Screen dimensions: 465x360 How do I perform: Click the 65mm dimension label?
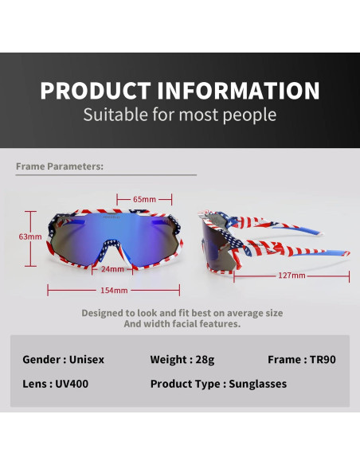tap(144, 199)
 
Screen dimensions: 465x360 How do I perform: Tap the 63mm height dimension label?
tap(31, 236)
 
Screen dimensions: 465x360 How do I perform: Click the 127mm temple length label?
tap(292, 275)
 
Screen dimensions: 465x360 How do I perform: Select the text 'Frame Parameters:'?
tap(60, 166)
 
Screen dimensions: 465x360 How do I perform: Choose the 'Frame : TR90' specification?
tap(302, 359)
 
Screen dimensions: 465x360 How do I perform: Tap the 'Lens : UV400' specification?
tap(54, 384)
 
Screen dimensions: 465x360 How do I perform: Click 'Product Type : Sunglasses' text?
tap(218, 384)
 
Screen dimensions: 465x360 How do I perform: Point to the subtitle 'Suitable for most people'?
tap(180, 115)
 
